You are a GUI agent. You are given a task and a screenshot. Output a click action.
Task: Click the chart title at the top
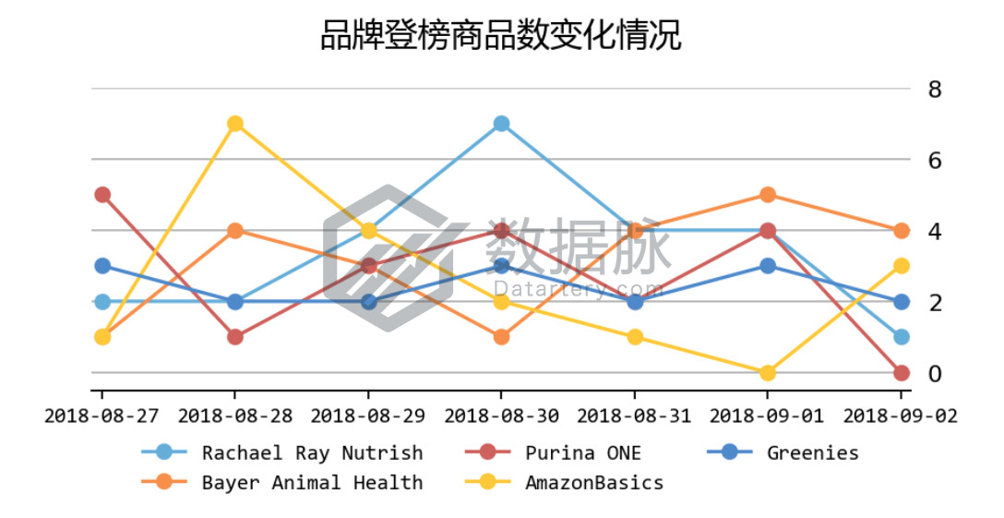[500, 37]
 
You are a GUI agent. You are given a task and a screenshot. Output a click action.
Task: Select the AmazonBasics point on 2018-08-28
[235, 124]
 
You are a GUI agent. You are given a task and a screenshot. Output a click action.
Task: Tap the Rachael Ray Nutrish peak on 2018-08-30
[501, 124]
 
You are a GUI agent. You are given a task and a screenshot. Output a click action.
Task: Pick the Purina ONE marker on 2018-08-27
[102, 195]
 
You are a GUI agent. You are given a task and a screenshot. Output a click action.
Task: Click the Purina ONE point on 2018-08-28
[235, 337]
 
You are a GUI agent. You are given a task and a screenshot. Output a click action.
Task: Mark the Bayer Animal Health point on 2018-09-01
[768, 195]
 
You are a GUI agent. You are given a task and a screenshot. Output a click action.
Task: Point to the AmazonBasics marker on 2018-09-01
[768, 372]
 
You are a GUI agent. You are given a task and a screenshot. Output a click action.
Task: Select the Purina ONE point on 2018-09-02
[901, 372]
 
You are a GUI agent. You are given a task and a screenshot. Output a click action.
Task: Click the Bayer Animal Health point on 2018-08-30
[501, 337]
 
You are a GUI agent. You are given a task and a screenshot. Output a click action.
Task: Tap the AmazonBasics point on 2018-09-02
[901, 266]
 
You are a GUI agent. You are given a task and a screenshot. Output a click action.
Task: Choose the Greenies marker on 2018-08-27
[102, 266]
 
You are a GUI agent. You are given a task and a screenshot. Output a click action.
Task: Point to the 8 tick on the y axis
[935, 90]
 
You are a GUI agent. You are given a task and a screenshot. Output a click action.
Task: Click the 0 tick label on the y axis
[935, 374]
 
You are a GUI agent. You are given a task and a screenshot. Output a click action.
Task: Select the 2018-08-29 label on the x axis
[368, 416]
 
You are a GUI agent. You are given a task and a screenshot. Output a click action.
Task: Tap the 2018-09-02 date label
[901, 416]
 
